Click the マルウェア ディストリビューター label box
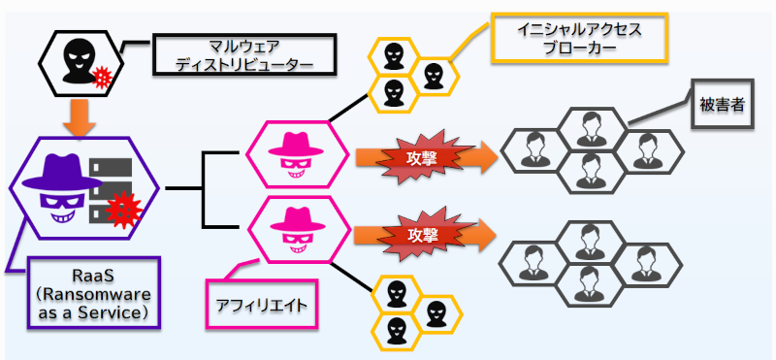pyautogui.click(x=244, y=55)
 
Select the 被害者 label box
pyautogui.click(x=719, y=104)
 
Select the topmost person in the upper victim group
pyautogui.click(x=584, y=124)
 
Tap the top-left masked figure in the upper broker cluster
pyautogui.click(x=393, y=54)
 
